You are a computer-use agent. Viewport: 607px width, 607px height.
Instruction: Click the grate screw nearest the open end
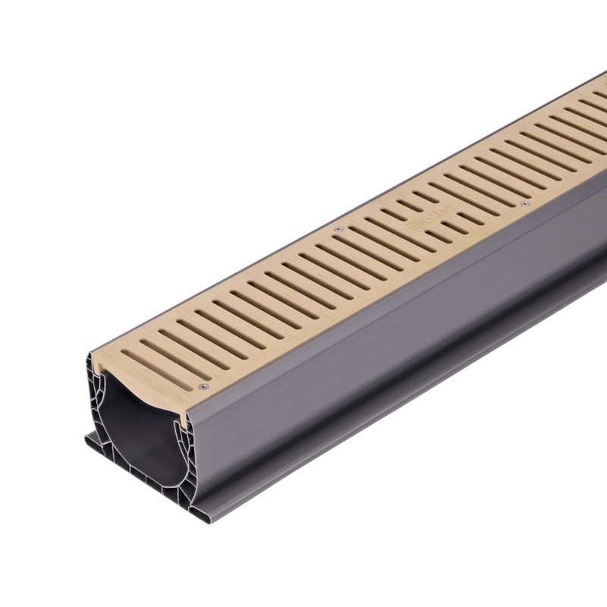click(x=203, y=387)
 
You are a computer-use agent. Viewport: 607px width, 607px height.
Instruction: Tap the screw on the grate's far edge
click(x=338, y=228)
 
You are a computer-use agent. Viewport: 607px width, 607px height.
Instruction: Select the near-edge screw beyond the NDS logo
click(x=524, y=203)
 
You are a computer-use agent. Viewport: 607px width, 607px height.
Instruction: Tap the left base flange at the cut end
click(x=90, y=440)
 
